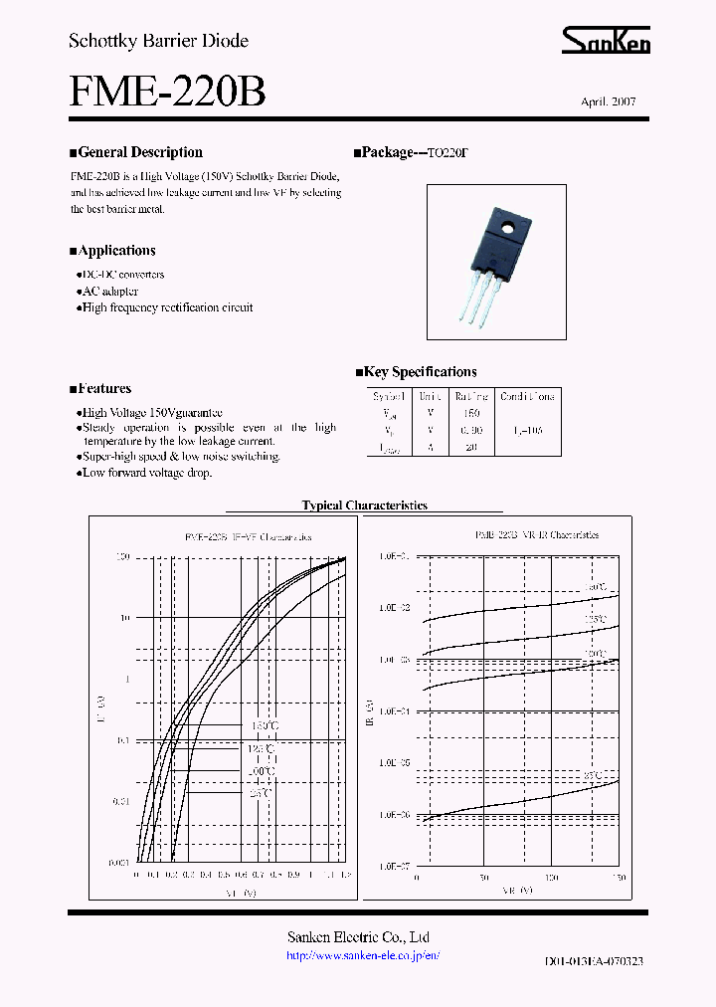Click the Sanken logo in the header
[605, 41]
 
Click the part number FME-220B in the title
[167, 93]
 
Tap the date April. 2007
[608, 102]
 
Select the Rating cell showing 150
[471, 413]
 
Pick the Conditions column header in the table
[527, 396]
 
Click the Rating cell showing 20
[471, 448]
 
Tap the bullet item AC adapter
[109, 291]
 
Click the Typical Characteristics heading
[364, 505]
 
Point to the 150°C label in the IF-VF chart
[261, 726]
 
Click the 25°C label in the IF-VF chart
[261, 793]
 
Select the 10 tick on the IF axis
[125, 617]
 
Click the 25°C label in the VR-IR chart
[593, 774]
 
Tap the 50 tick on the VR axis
[484, 879]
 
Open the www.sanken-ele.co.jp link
[362, 955]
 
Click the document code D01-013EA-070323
[595, 962]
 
